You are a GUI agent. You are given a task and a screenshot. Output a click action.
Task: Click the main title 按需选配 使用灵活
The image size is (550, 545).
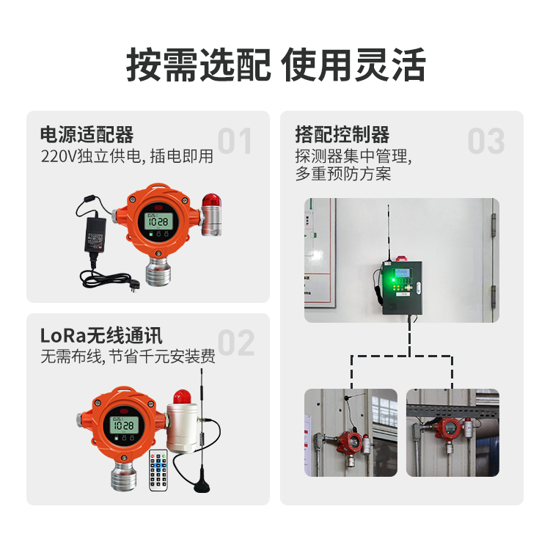pos(275,66)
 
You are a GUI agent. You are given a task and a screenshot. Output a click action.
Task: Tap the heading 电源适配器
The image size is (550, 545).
pos(87,135)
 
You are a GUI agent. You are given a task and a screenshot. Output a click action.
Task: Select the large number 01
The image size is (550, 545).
pos(235,142)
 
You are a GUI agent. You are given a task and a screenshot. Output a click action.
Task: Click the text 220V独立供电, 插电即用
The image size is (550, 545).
pos(127,156)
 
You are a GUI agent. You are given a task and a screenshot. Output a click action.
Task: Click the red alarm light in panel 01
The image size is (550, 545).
pos(211,202)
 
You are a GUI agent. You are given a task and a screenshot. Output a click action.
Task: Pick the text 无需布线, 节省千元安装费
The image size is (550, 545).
pos(128,358)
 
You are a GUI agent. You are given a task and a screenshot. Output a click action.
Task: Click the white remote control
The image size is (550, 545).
pos(159,469)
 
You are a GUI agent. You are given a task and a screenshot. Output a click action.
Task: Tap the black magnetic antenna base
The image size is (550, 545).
pos(200,484)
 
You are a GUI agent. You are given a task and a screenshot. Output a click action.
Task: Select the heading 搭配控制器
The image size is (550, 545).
pos(342,135)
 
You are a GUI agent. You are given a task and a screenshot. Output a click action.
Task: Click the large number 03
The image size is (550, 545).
pos(486,142)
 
